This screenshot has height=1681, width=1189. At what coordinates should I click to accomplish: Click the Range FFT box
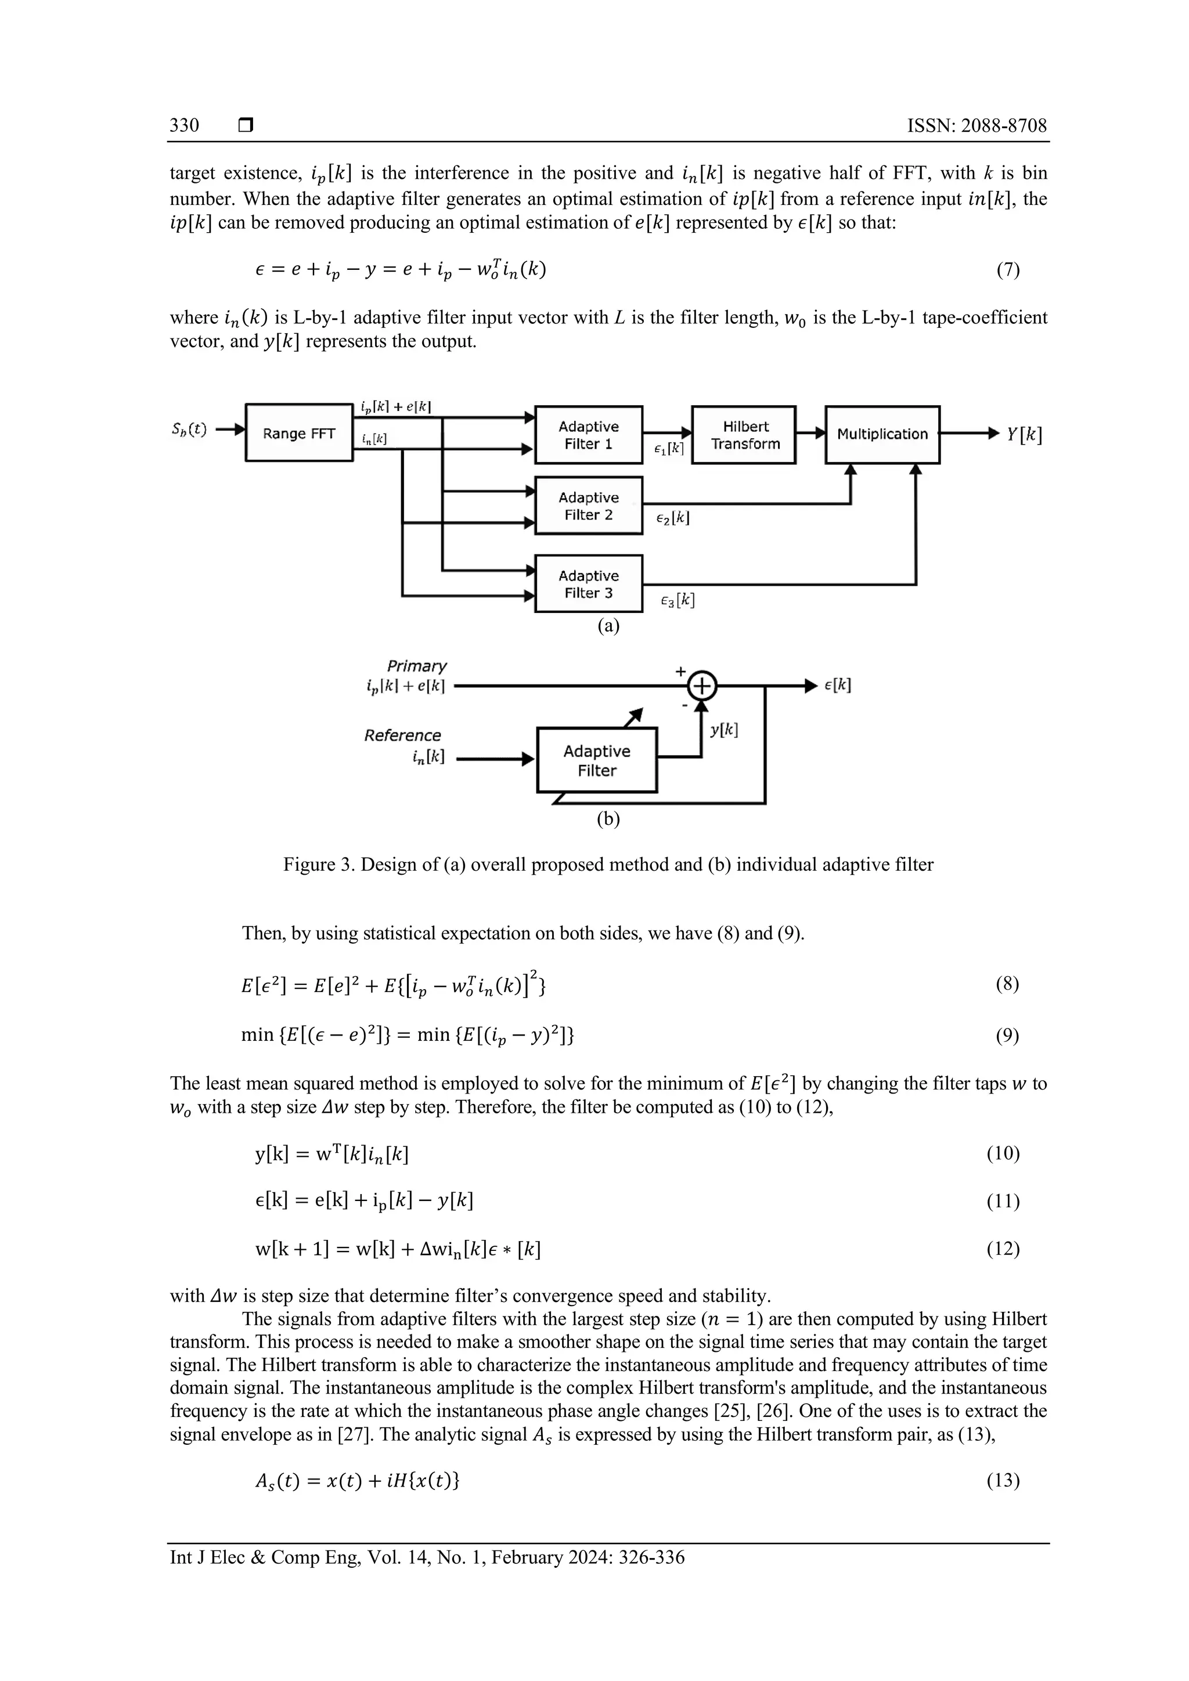pyautogui.click(x=299, y=432)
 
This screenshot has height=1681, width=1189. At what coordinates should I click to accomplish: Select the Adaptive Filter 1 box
pyautogui.click(x=589, y=435)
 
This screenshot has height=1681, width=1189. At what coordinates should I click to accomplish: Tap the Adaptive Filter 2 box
pyautogui.click(x=589, y=506)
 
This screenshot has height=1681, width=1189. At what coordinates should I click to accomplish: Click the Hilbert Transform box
pyautogui.click(x=745, y=435)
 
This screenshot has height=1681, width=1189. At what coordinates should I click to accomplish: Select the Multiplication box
pyautogui.click(x=882, y=434)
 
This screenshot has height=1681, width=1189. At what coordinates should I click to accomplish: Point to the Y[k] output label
pyautogui.click(x=1024, y=434)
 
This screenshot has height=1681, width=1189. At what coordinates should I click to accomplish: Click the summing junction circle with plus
pyautogui.click(x=702, y=686)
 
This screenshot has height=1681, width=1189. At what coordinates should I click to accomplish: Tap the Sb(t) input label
pyautogui.click(x=189, y=430)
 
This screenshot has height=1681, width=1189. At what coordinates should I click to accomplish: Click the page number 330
pyautogui.click(x=185, y=125)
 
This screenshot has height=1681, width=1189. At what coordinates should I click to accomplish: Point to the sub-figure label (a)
pyautogui.click(x=608, y=626)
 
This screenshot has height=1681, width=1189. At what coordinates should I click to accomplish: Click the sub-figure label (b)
pyautogui.click(x=608, y=818)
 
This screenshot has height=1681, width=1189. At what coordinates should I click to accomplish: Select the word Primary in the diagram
pyautogui.click(x=417, y=666)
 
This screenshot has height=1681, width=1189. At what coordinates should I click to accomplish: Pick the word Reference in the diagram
pyautogui.click(x=403, y=735)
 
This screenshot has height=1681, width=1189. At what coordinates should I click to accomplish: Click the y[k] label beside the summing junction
pyautogui.click(x=724, y=729)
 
